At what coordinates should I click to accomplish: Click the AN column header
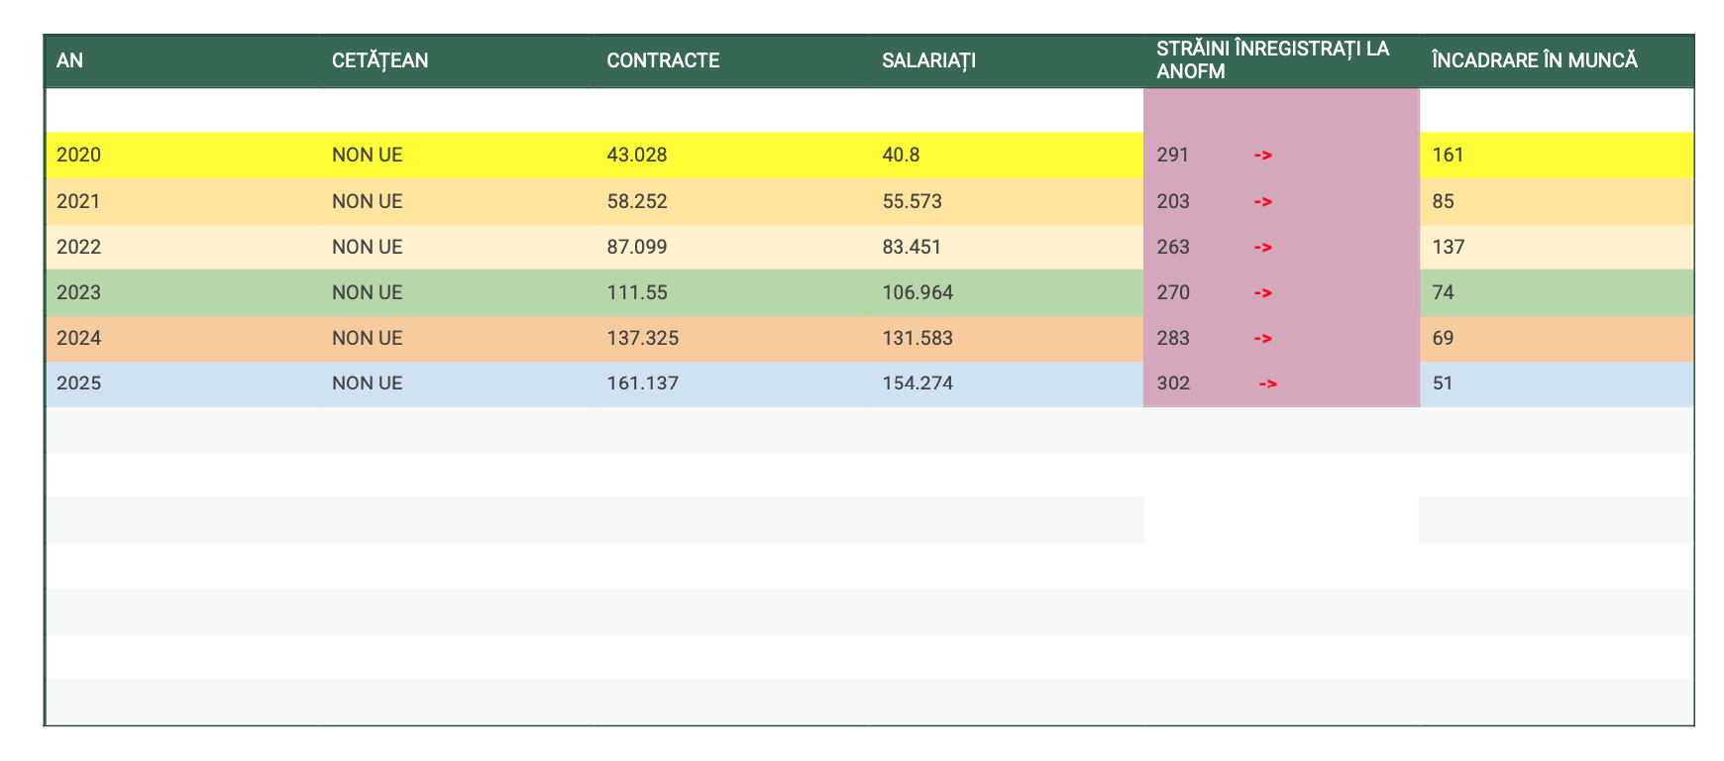(69, 60)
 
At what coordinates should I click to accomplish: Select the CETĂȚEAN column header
(379, 60)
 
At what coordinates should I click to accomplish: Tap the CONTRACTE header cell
(663, 60)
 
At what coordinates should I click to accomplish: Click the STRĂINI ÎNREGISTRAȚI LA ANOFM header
(1272, 59)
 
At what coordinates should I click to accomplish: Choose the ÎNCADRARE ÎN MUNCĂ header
(1534, 60)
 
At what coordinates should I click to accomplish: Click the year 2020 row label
(79, 155)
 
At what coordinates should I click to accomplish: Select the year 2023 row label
(79, 292)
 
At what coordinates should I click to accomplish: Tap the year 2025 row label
(79, 382)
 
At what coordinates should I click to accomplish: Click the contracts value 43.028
(636, 155)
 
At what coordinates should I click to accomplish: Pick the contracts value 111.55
(635, 292)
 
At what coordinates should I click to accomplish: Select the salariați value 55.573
(912, 201)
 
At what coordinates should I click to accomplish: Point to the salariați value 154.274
(917, 382)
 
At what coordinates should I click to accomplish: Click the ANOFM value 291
(1172, 155)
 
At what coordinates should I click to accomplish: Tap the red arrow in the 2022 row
(1262, 247)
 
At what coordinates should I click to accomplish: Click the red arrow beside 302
(1267, 382)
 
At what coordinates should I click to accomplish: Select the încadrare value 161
(1448, 155)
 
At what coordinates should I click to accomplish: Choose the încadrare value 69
(1443, 338)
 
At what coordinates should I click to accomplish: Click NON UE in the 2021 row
(367, 201)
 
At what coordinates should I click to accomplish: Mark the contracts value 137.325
(642, 338)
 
